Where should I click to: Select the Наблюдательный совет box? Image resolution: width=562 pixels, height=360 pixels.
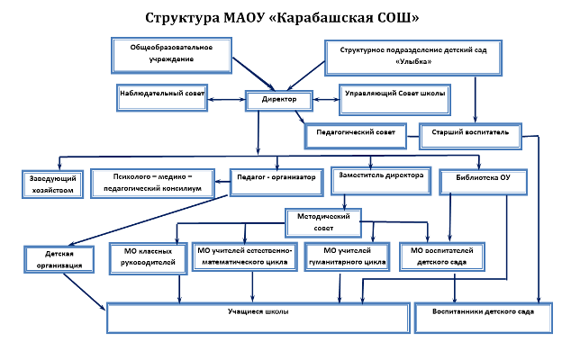pyautogui.click(x=163, y=94)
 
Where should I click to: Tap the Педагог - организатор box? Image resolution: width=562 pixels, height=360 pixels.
pyautogui.click(x=276, y=179)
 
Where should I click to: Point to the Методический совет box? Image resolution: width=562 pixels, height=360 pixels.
pyautogui.click(x=322, y=221)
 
